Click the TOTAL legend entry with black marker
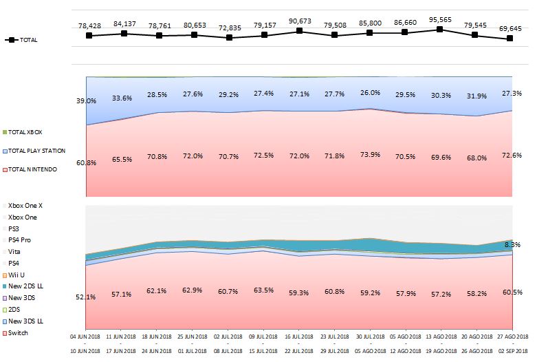[21, 40]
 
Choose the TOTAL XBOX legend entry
[26, 131]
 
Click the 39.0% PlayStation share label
[86, 100]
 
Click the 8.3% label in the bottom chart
[512, 245]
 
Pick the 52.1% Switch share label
[86, 297]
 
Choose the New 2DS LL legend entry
[25, 286]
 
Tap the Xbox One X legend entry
[25, 205]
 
